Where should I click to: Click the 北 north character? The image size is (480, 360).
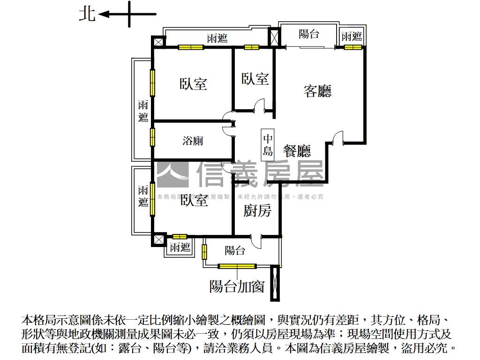tap(87, 14)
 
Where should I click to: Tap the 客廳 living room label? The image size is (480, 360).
tap(317, 91)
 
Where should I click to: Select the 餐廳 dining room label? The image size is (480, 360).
tap(297, 150)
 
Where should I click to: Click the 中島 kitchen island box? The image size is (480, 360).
tap(268, 145)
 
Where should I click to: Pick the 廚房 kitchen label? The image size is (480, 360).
tap(257, 211)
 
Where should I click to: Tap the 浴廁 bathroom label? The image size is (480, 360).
tap(193, 141)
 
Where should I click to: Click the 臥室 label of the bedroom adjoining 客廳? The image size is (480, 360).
tap(255, 79)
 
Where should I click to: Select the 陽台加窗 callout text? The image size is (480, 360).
tap(237, 285)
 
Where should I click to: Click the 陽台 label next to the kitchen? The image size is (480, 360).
tap(235, 251)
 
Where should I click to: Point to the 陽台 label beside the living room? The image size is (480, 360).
tap(309, 34)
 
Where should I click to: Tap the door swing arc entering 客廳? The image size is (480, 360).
tap(337, 137)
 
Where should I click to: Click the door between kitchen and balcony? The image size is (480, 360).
tap(257, 241)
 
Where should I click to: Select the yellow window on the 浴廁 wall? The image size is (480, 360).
tap(153, 137)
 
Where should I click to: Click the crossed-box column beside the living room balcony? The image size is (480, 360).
tap(273, 37)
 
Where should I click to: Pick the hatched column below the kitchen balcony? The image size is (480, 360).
tap(275, 283)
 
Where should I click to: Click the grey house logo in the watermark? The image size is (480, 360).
tap(172, 174)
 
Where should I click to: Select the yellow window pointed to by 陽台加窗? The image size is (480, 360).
tap(237, 267)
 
